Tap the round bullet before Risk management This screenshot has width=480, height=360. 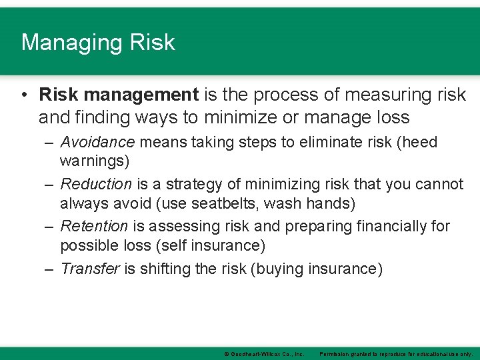pos(24,95)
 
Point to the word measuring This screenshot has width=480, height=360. pos(364,95)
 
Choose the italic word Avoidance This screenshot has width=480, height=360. pos(97,142)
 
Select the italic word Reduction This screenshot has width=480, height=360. pos(96,184)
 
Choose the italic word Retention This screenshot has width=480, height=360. pos(94,226)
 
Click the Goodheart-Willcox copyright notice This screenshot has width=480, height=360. pos(264,354)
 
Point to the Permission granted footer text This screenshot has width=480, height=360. pos(396,354)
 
